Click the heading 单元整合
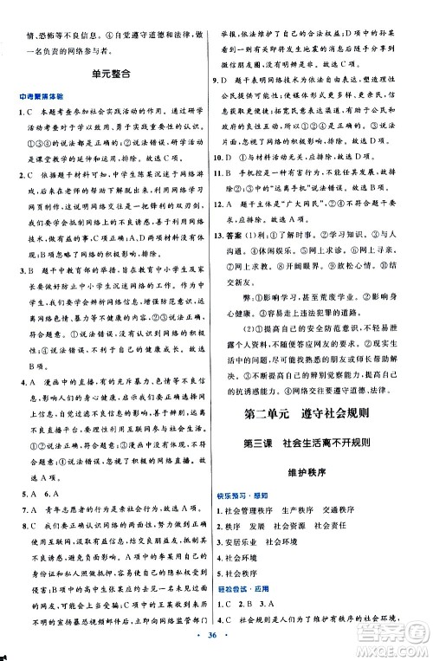point(112,75)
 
